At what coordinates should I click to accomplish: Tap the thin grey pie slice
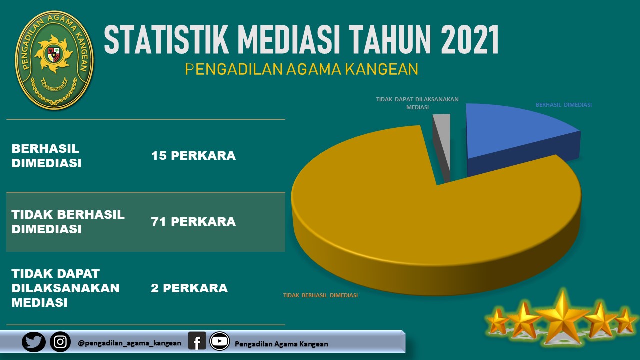pos(443,145)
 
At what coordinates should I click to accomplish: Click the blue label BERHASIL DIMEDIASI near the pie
pos(564,105)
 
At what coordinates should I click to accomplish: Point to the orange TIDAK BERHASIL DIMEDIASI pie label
pos(320,295)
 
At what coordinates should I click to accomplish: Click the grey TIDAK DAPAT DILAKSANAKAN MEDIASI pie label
pos(417,103)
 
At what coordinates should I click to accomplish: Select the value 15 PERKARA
pos(193,156)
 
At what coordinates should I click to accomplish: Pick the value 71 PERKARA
pos(193,222)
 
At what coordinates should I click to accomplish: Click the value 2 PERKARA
pos(189,288)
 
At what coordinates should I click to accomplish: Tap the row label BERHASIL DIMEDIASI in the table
pos(46,156)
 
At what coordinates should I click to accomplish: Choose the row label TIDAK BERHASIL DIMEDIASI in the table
pos(68,222)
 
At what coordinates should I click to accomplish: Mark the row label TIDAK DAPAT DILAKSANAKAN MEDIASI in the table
pos(65,288)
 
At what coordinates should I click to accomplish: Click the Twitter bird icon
pos(33,342)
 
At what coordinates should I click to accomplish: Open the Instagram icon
pos(60,342)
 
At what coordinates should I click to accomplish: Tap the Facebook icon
pos(197,341)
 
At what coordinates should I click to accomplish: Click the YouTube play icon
pos(219,341)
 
